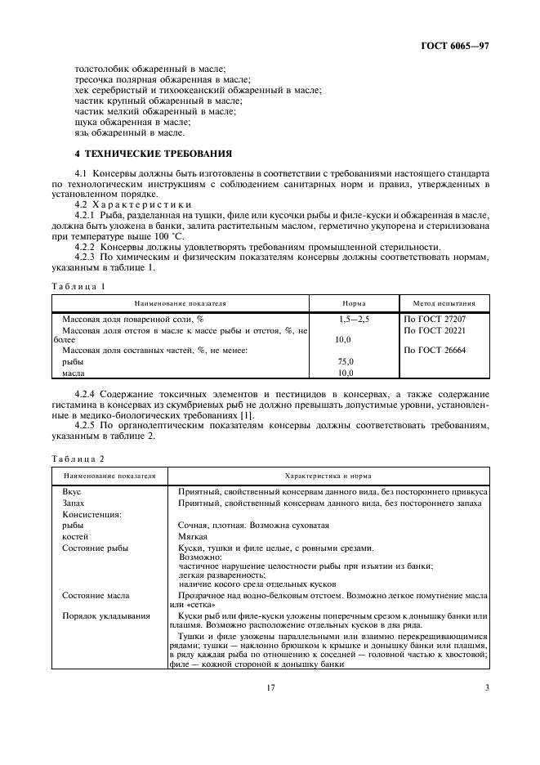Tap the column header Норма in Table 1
(x=353, y=303)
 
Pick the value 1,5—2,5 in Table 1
(x=354, y=319)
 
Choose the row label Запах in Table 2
(x=74, y=503)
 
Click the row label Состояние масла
(x=96, y=596)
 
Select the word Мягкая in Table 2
(x=192, y=536)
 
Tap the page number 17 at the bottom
(x=270, y=688)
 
